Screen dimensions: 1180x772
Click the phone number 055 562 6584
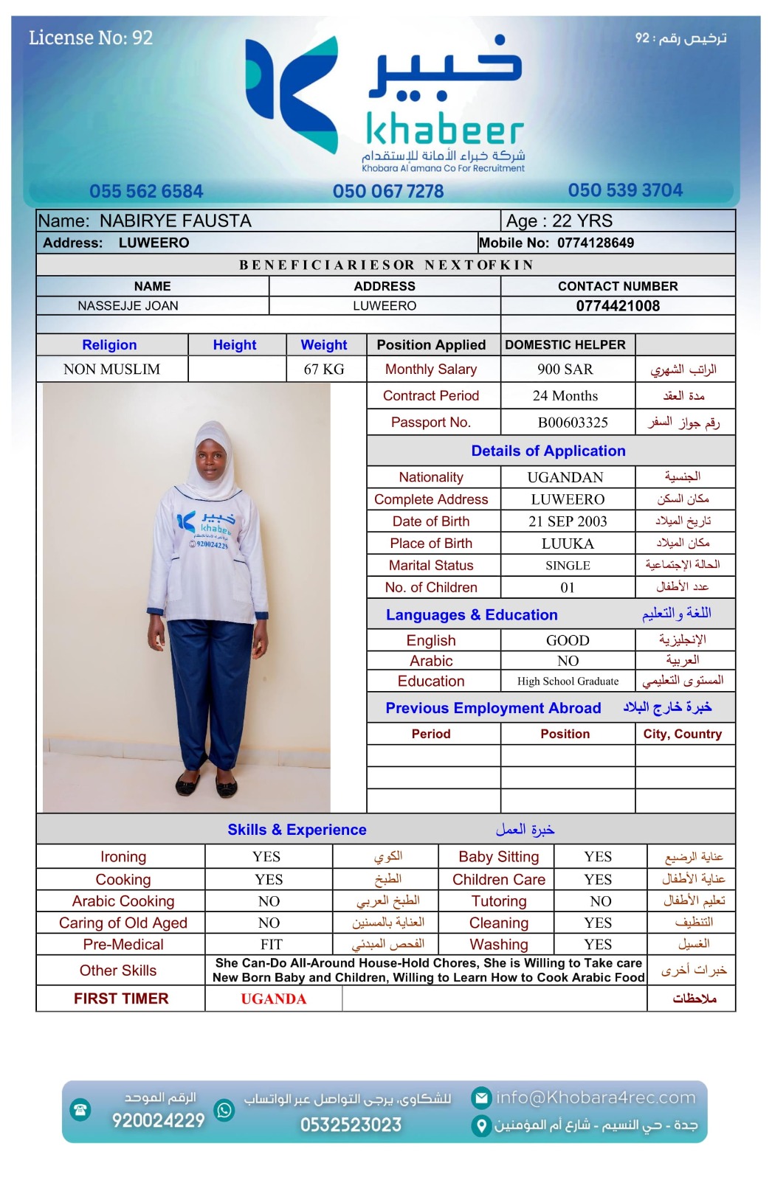(146, 192)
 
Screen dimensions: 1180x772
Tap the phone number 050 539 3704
(625, 190)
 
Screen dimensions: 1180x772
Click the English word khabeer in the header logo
(444, 131)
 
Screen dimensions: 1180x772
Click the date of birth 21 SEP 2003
(568, 521)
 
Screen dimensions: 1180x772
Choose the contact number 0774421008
(618, 306)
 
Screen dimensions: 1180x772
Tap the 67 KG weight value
(324, 369)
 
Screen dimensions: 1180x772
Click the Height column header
(235, 345)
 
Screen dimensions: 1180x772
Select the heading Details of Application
(548, 451)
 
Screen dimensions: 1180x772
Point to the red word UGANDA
(273, 999)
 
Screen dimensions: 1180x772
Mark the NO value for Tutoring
(601, 901)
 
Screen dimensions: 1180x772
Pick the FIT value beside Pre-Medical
(271, 945)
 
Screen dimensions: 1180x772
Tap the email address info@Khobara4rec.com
(595, 1098)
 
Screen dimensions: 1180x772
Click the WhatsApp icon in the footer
(224, 1110)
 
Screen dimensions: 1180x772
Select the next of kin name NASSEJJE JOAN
(128, 306)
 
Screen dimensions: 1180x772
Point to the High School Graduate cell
(568, 681)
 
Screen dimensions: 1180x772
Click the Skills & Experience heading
(297, 830)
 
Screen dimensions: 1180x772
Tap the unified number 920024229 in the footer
(158, 1121)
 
